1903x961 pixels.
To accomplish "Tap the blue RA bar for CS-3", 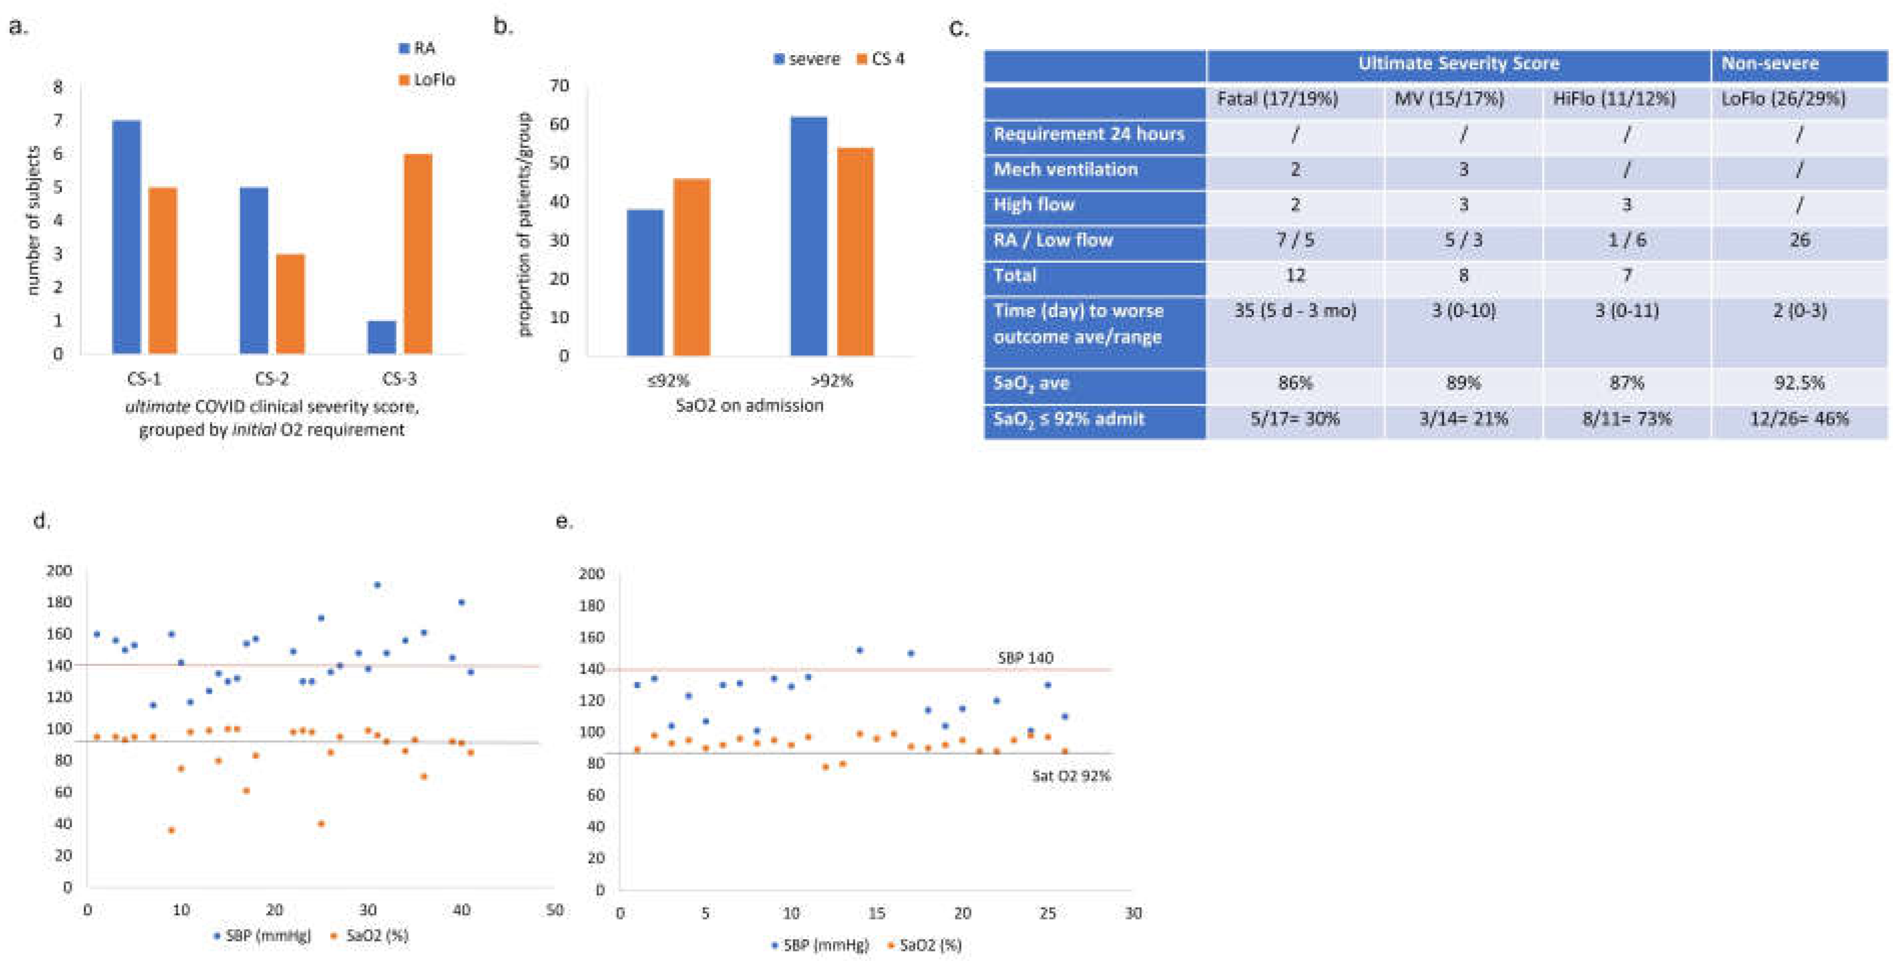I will tap(382, 337).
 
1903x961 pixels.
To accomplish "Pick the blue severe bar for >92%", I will tap(808, 236).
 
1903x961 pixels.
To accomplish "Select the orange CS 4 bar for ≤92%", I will tap(692, 267).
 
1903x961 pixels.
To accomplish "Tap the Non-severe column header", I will tap(1769, 64).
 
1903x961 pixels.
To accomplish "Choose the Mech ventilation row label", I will tap(1065, 169).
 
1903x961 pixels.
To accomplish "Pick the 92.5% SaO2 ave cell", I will tap(1799, 383).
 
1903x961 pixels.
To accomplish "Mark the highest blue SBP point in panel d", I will tap(377, 585).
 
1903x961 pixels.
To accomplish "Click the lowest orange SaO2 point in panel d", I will tap(171, 830).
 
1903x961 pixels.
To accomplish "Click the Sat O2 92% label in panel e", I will tap(1071, 776).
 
